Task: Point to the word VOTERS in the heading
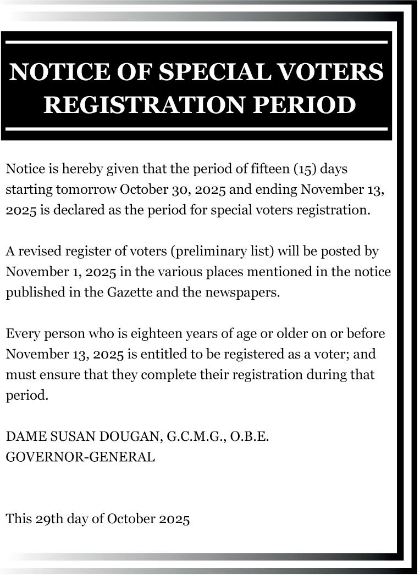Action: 333,72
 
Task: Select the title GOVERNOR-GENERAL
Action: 80,457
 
